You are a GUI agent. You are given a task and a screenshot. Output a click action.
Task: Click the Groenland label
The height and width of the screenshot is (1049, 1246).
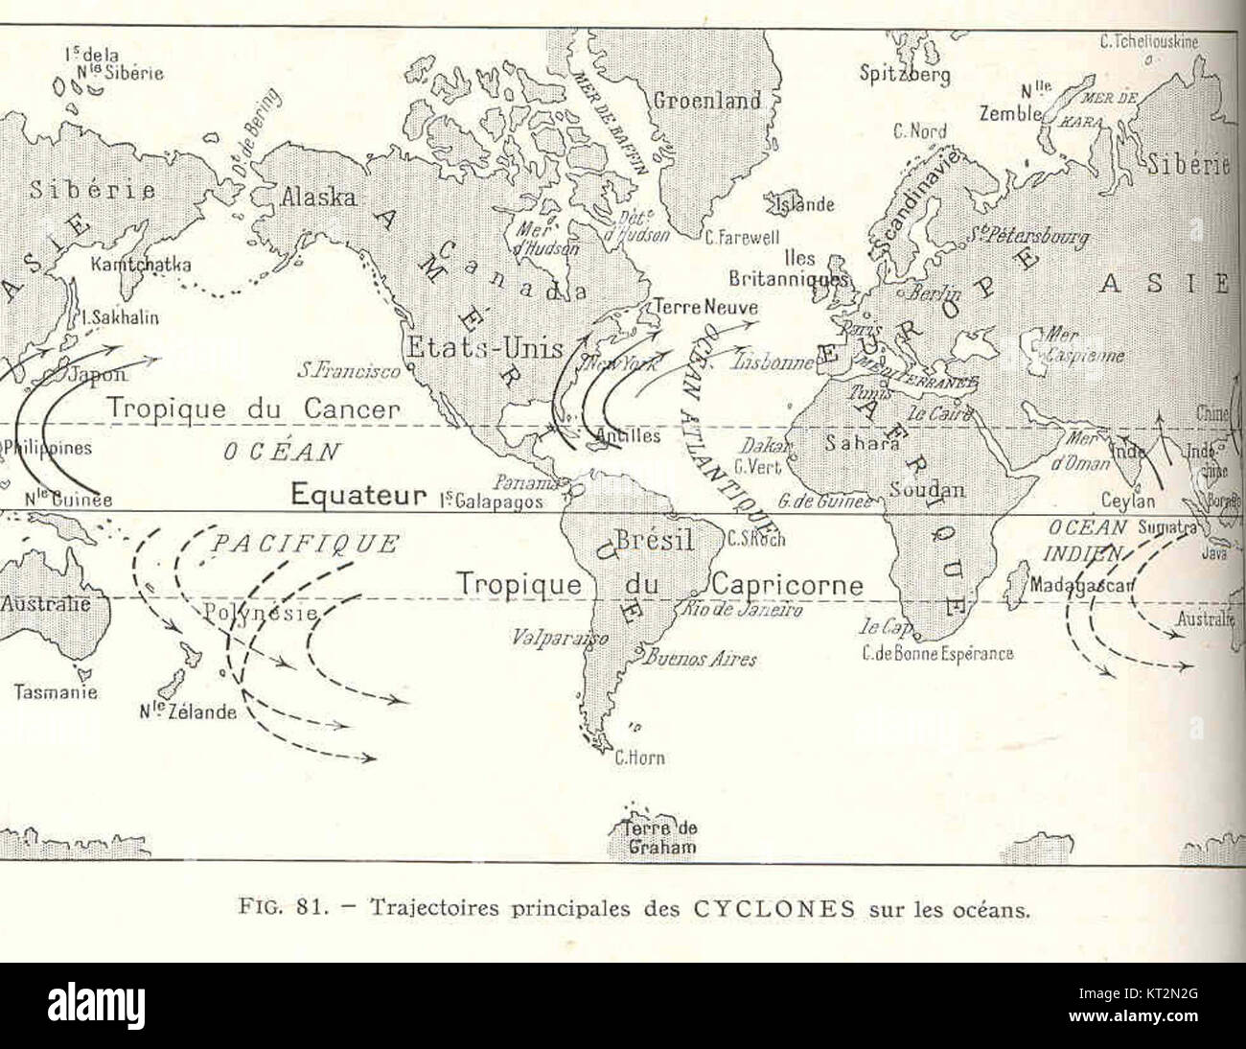click(706, 101)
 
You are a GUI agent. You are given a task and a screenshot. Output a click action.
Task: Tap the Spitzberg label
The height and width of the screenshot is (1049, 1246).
click(905, 74)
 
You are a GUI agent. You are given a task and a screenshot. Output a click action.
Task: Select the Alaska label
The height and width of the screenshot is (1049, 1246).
click(319, 198)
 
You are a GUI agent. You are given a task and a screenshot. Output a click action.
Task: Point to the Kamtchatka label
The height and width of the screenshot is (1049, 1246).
click(141, 264)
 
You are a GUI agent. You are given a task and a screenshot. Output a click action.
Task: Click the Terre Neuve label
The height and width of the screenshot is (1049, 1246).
click(705, 308)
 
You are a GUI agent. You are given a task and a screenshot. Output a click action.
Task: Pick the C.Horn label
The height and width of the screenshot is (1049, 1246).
click(639, 758)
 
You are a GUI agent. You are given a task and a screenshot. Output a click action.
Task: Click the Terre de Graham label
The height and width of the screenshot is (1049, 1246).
click(661, 838)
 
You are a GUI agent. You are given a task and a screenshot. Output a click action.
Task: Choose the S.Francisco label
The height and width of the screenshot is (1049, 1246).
click(348, 368)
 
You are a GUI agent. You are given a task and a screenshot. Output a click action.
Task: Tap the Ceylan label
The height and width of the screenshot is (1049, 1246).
click(1128, 501)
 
